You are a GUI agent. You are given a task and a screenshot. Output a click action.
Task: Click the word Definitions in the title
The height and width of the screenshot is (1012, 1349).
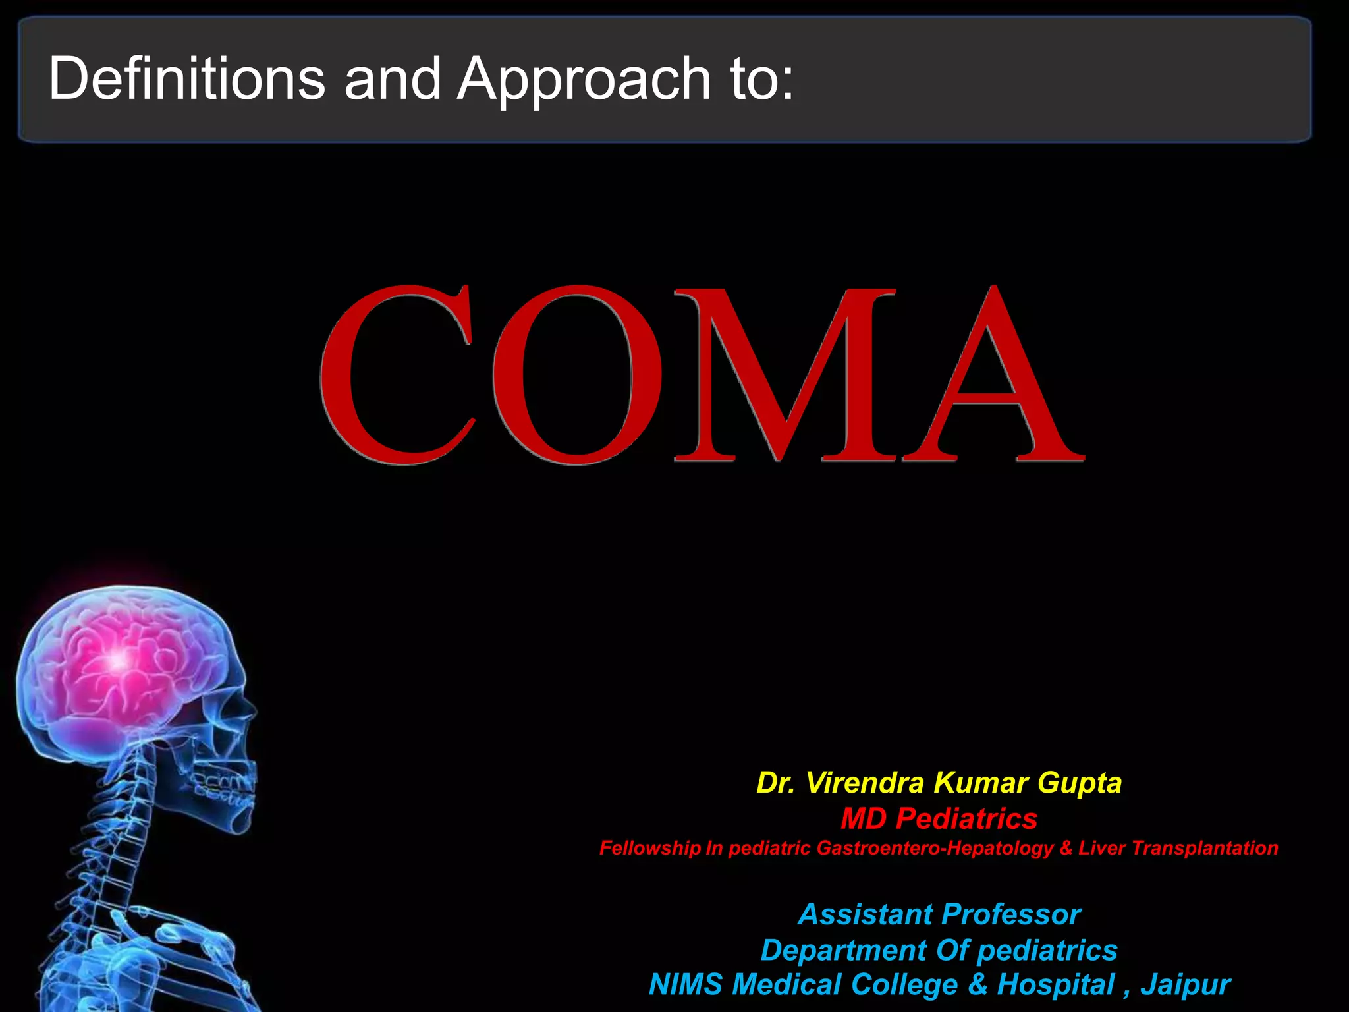click(x=186, y=78)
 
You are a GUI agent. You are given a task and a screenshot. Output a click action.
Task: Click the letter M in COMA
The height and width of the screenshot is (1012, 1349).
click(x=784, y=376)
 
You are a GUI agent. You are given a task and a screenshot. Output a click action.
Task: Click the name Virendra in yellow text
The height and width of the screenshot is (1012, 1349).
click(x=865, y=783)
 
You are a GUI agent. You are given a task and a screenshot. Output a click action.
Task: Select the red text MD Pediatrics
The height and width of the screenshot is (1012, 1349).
click(x=939, y=819)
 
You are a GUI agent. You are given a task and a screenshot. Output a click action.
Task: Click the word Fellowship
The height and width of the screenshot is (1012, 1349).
click(x=649, y=848)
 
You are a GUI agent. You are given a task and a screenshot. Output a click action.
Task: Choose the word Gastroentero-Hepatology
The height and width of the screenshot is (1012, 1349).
click(x=935, y=848)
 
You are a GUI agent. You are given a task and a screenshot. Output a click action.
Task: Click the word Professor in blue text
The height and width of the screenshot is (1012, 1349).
click(x=1011, y=914)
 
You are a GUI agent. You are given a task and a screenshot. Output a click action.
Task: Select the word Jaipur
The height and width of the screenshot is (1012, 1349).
click(x=1186, y=985)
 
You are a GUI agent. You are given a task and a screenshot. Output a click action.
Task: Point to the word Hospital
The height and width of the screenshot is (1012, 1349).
click(x=1055, y=985)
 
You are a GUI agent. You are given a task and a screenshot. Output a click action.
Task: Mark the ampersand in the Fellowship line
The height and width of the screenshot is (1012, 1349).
click(x=1066, y=848)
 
